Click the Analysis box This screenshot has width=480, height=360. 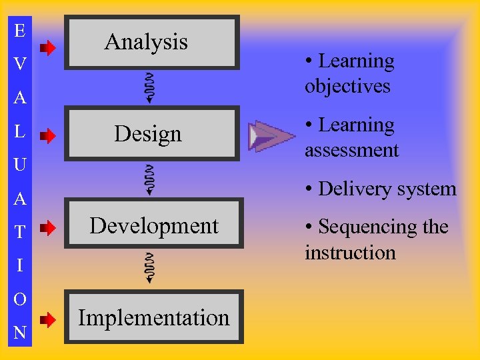(152, 43)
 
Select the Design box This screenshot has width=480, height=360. (152, 134)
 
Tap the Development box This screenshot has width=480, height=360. (154, 227)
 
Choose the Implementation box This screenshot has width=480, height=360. (154, 318)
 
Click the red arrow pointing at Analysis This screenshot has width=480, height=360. (47, 47)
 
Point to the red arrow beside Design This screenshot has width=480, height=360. (47, 137)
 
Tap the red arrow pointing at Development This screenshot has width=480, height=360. (47, 229)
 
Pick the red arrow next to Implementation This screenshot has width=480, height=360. (47, 320)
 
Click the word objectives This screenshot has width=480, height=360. (347, 87)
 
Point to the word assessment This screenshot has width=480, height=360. (351, 151)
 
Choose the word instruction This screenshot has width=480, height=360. (350, 253)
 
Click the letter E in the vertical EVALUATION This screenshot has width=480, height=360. (20, 31)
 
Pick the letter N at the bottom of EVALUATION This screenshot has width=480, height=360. (20, 333)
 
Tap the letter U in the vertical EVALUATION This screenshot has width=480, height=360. (20, 164)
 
